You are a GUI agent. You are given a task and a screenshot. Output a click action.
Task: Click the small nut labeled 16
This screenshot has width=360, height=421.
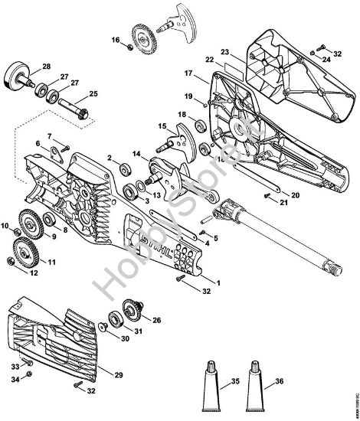[x=128, y=49]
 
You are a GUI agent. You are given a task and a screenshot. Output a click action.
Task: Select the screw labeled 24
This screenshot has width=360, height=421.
[x=313, y=51]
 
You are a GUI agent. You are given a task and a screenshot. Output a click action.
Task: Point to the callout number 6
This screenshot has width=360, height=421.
[x=38, y=144]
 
